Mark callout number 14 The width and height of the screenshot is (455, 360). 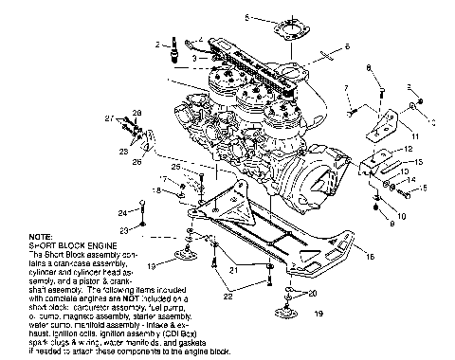coord(410,180)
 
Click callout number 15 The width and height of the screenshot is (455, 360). coord(424,189)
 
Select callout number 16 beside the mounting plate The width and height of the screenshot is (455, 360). coord(369,256)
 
